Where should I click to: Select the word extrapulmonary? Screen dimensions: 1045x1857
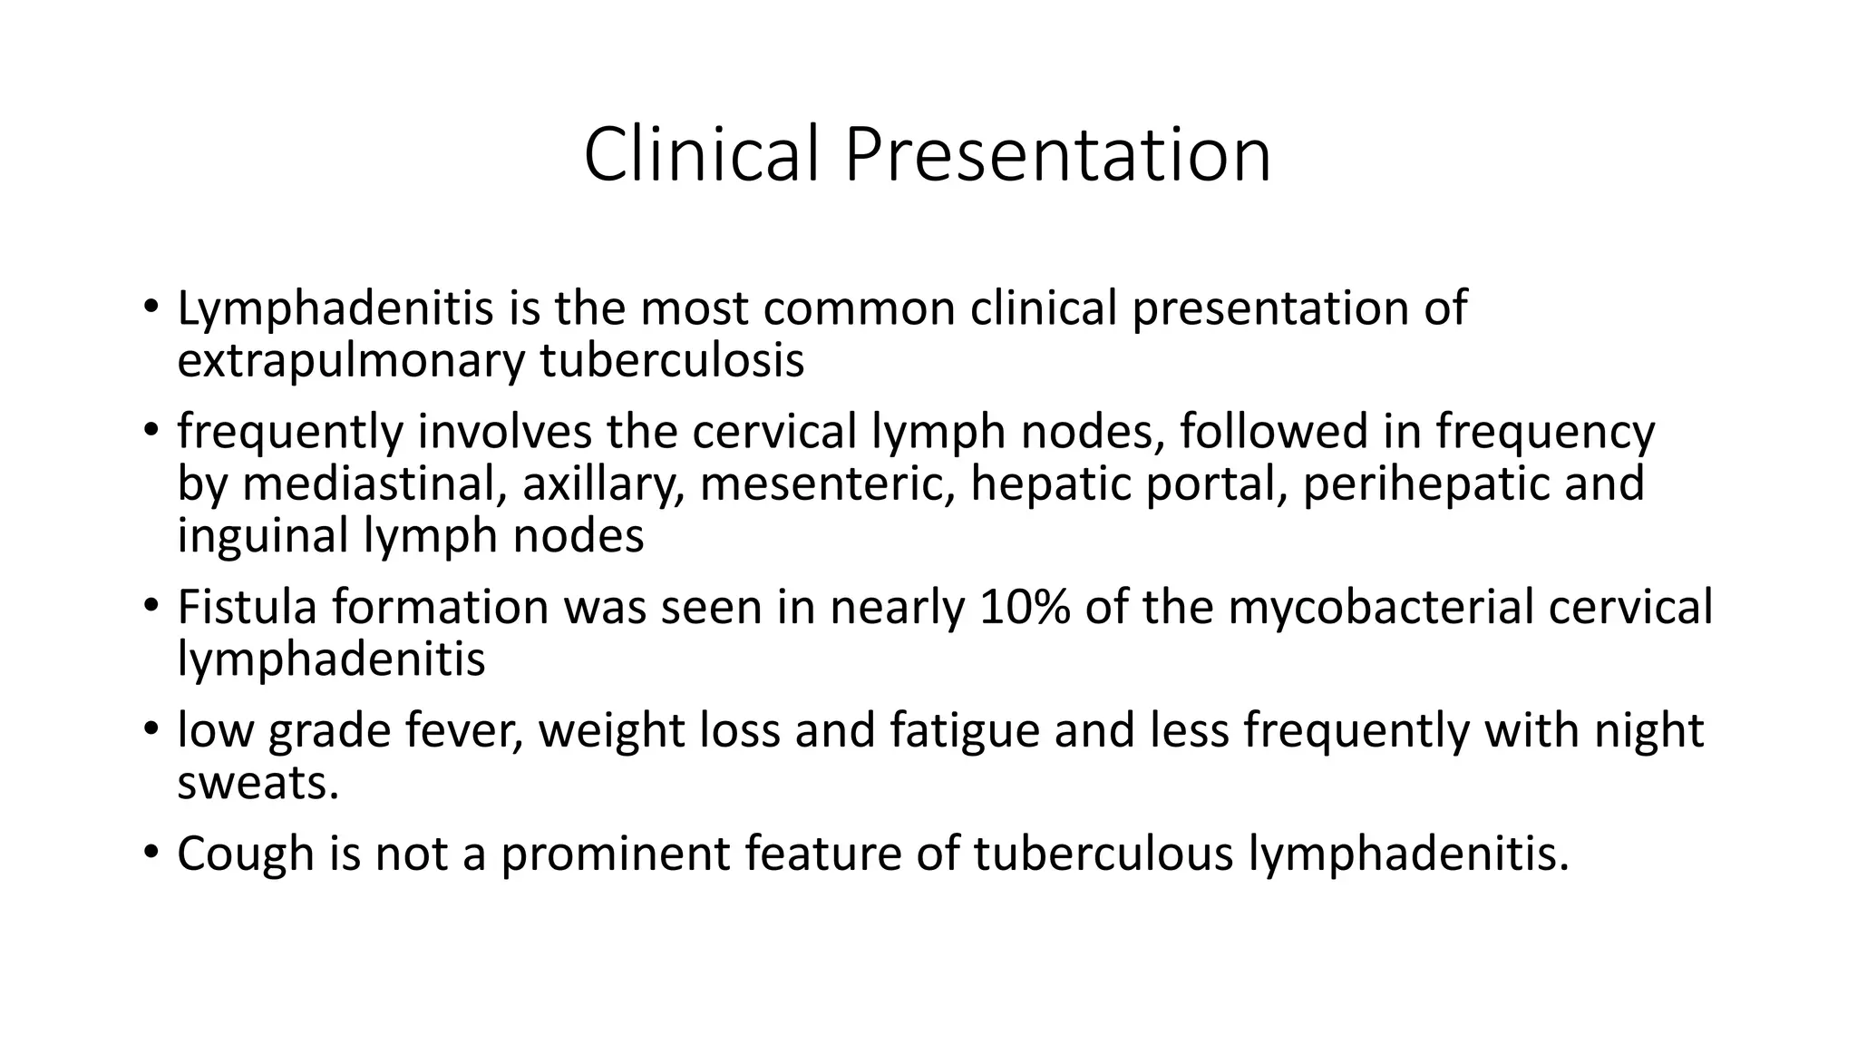click(x=350, y=360)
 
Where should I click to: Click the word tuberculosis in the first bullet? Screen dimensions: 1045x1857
click(x=672, y=360)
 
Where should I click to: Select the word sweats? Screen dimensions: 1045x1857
click(x=258, y=782)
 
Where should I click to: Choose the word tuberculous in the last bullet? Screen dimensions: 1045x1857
click(x=1104, y=854)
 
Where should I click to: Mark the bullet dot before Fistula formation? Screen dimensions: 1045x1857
click(x=151, y=606)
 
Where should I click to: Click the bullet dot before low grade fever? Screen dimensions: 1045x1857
click(x=151, y=730)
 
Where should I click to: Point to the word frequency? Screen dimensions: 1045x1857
click(x=1545, y=432)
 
